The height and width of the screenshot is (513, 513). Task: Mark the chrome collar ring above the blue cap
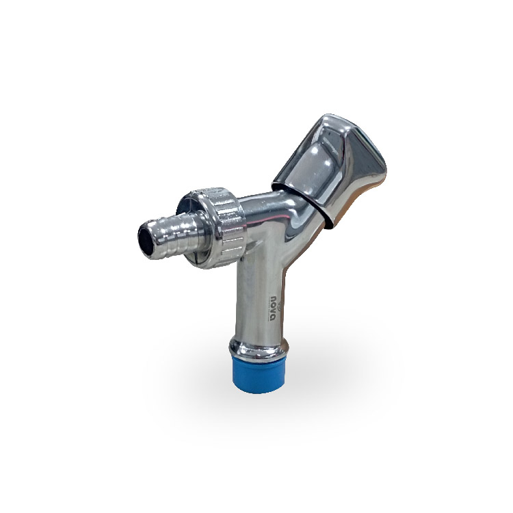coord(259,347)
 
